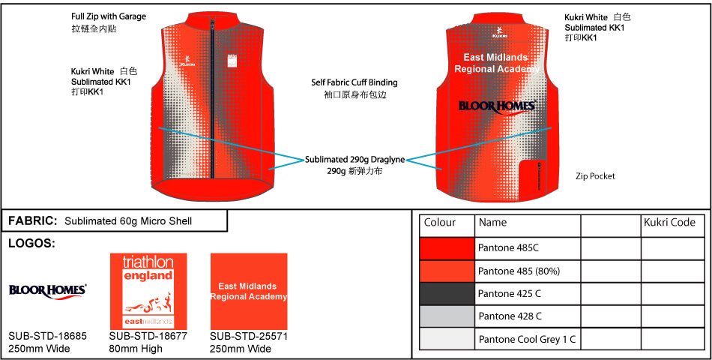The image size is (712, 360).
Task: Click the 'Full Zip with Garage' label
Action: (109, 16)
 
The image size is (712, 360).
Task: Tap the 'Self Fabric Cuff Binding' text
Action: (355, 82)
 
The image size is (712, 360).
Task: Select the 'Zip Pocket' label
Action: (595, 176)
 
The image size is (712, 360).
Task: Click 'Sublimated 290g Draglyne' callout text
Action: (355, 160)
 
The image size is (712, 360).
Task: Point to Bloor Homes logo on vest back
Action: (498, 106)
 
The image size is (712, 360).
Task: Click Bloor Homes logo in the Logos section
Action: (47, 290)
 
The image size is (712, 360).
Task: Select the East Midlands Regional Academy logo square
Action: (249, 291)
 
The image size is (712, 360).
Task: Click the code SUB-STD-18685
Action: (48, 336)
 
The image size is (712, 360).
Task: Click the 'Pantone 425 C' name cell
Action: (510, 294)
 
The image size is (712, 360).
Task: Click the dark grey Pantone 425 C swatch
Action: (447, 294)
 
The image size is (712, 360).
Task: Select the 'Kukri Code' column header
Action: (670, 223)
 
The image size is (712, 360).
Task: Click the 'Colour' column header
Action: (440, 223)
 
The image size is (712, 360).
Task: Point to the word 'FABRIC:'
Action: (33, 221)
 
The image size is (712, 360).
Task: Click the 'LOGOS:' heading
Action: (31, 244)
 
